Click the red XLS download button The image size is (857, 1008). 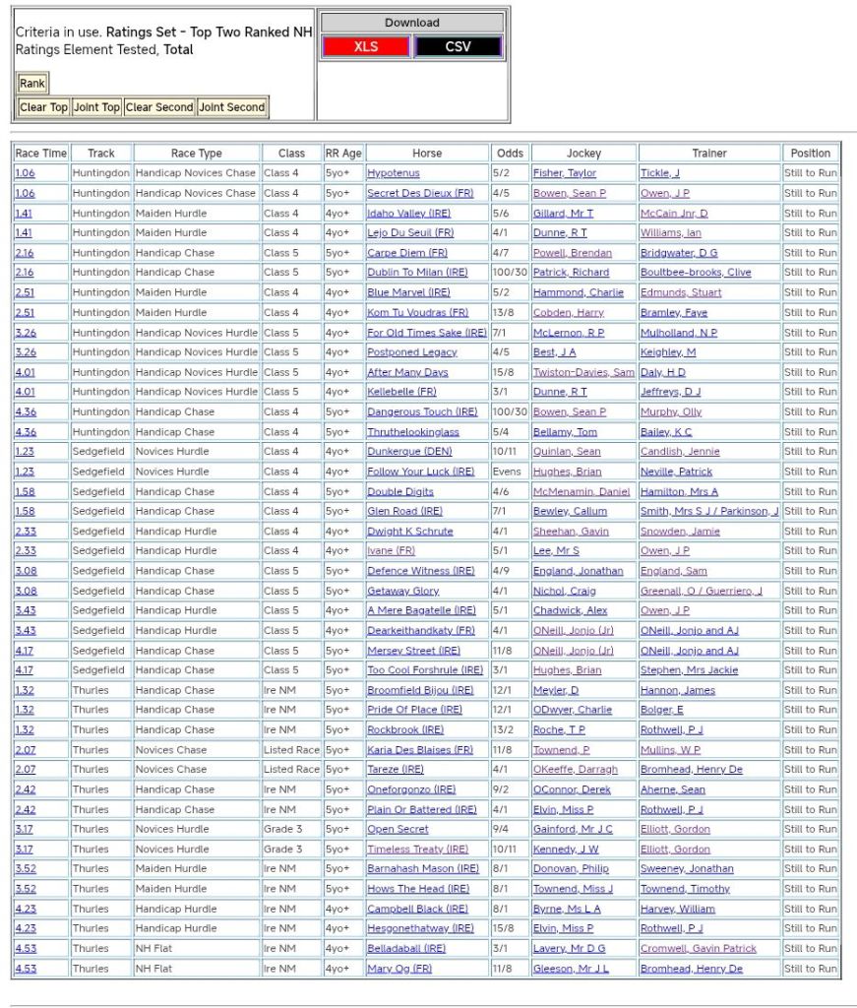tap(366, 46)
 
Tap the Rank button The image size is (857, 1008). tap(32, 84)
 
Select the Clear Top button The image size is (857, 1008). tap(44, 107)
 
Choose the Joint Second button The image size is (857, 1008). tap(232, 107)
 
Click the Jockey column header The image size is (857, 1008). tap(583, 154)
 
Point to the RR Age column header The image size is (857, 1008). tap(343, 154)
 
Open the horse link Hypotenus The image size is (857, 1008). tap(394, 173)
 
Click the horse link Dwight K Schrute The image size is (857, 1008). tap(410, 532)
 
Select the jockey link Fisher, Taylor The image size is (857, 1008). tap(565, 173)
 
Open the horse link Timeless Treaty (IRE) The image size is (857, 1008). tap(418, 850)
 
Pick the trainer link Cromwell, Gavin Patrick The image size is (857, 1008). tap(699, 949)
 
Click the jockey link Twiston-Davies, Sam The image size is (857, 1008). tap(583, 372)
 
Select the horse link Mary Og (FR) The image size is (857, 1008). tap(399, 969)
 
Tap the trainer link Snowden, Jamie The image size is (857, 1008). tap(680, 532)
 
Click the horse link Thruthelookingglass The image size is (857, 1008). tap(413, 432)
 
